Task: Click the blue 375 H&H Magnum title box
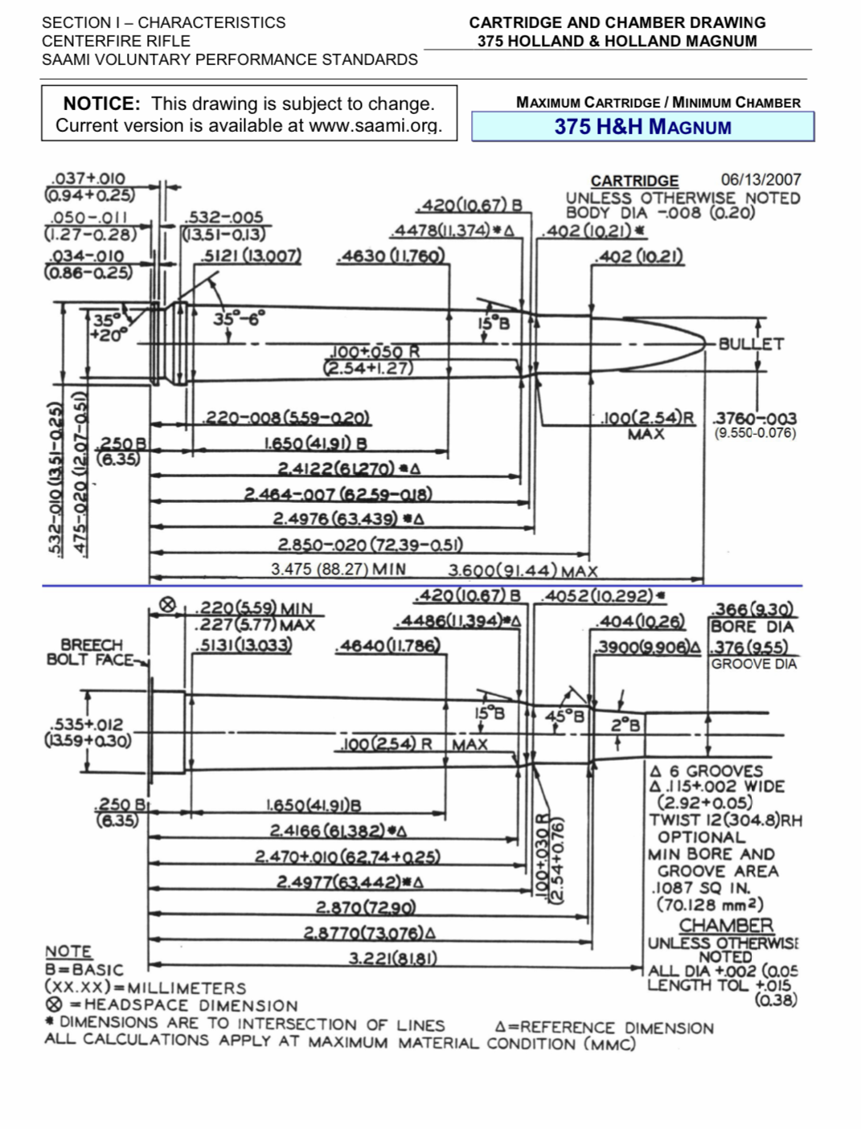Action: point(642,127)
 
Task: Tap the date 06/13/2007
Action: point(761,180)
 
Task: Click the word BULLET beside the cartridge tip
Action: point(750,344)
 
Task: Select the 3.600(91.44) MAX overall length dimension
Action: point(523,571)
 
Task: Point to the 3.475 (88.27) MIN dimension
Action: point(338,570)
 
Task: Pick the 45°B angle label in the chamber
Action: point(565,715)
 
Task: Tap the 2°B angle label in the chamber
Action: point(625,725)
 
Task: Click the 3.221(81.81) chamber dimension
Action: point(392,958)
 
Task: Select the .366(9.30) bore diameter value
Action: point(753,610)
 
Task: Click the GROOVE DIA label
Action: point(753,664)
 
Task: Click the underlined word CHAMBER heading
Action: point(725,926)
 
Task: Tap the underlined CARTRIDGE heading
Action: point(634,181)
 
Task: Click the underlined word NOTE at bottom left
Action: point(68,951)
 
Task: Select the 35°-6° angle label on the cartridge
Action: point(238,319)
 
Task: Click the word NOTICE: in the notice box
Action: point(101,104)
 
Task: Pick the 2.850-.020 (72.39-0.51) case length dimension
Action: point(370,545)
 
